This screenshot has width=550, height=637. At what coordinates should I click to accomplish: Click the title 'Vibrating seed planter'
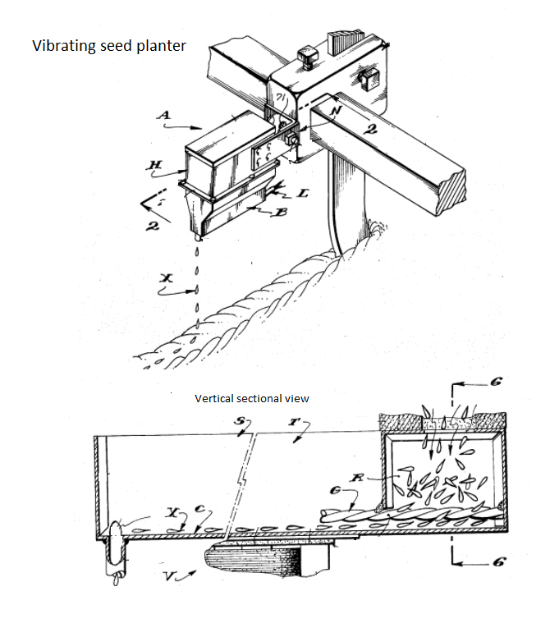[x=109, y=45]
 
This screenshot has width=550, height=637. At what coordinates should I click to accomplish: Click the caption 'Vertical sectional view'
[x=251, y=398]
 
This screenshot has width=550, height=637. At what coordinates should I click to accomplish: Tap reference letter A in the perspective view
[x=164, y=117]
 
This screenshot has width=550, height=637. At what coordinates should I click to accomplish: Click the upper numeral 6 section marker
[x=497, y=382]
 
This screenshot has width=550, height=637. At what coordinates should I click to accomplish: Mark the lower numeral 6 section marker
[x=497, y=562]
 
